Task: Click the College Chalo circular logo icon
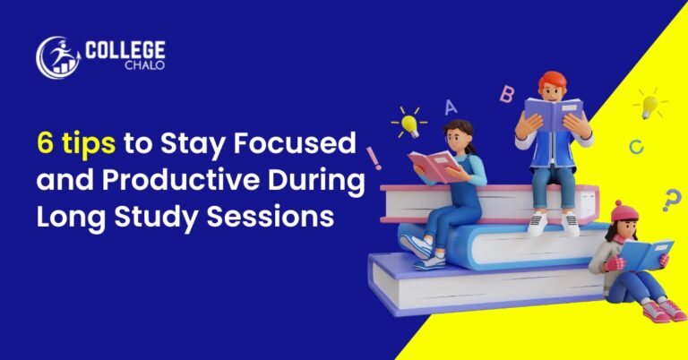(x=56, y=56)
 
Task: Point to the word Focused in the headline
(x=308, y=141)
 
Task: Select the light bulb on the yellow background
(x=649, y=105)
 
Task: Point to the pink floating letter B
(x=507, y=93)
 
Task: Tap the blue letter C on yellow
(x=636, y=146)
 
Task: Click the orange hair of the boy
(x=552, y=81)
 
